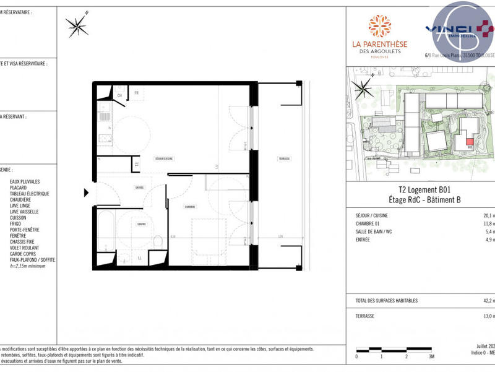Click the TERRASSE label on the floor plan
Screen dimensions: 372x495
pos(284,158)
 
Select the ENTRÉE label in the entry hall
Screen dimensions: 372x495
pos(139,187)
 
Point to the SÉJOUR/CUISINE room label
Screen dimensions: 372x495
pos(163,158)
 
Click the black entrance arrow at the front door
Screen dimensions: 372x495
pos(87,192)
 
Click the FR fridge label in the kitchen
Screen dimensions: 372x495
pos(136,93)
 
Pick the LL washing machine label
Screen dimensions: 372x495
pos(139,257)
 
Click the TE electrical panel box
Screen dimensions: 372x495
pos(136,164)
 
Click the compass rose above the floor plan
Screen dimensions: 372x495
pos(77,25)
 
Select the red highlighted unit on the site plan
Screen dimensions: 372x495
pos(470,142)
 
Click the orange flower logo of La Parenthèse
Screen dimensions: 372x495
pos(380,26)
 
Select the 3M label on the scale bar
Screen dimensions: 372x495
pos(431,357)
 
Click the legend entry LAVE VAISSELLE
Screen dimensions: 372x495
pos(24,212)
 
